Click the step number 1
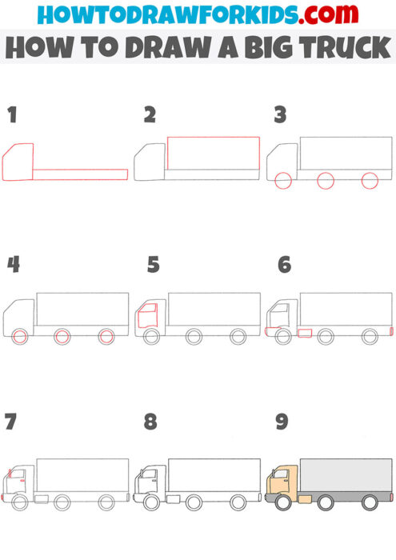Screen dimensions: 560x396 click(11, 115)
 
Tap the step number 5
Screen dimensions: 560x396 click(153, 265)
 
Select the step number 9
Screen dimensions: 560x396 click(282, 422)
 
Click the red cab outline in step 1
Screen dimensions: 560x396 click(18, 164)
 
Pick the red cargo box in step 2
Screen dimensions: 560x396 click(214, 153)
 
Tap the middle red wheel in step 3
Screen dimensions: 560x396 click(326, 182)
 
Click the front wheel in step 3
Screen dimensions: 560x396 click(282, 182)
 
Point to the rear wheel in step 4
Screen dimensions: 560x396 click(106, 337)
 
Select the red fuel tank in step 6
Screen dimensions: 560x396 click(304, 332)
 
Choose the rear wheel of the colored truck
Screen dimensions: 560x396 click(370, 502)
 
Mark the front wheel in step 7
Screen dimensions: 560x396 click(19, 502)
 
